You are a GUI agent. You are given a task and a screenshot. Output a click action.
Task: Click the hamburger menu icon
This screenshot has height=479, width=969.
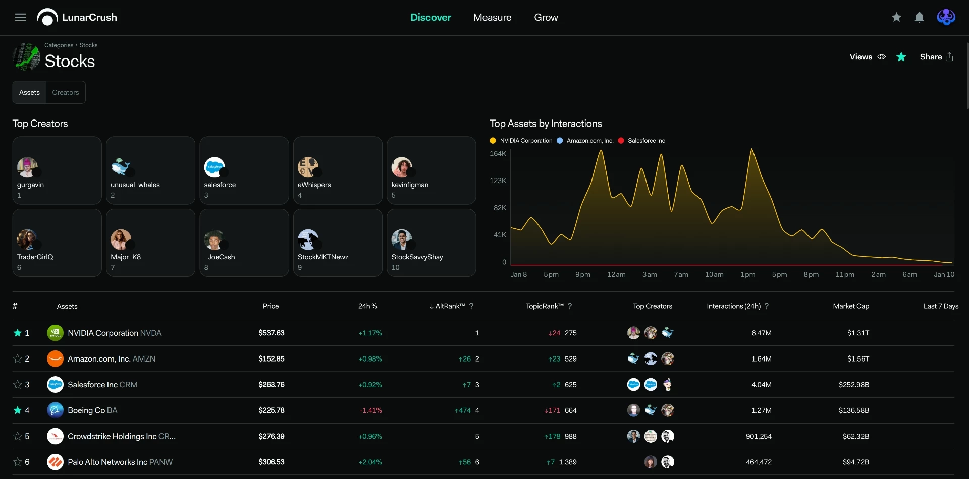point(21,18)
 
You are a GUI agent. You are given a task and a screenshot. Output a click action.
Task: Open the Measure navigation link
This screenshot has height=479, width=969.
point(492,18)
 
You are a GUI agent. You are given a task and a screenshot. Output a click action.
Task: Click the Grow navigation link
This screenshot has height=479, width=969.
point(546,18)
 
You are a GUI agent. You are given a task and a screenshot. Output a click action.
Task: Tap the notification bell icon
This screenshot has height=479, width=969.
point(920,18)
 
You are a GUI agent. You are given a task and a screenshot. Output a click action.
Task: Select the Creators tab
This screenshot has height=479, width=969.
point(66,93)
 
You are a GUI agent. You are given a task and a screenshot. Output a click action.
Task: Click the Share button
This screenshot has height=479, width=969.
point(937,57)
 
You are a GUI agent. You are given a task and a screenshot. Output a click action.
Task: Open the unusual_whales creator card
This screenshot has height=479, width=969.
point(150,170)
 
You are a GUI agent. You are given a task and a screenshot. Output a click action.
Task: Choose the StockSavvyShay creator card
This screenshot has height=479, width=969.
point(431,243)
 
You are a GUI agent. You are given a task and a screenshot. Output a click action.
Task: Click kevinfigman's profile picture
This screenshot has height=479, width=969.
point(402,167)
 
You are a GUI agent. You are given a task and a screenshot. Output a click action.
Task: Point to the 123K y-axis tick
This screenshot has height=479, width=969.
point(498,181)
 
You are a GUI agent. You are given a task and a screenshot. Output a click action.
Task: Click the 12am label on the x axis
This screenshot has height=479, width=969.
point(616,275)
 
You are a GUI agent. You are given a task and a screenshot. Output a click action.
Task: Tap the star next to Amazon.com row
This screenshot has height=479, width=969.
point(18,359)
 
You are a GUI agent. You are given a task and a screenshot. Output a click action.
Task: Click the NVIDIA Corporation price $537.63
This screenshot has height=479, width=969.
point(272,333)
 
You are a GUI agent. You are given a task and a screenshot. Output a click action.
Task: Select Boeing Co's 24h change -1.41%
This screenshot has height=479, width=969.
point(370,411)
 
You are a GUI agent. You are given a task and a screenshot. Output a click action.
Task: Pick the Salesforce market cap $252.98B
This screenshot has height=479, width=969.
point(854,385)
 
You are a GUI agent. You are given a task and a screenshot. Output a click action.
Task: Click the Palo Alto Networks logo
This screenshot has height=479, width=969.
point(55,462)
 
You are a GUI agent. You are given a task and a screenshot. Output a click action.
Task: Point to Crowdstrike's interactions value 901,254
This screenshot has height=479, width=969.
point(759,437)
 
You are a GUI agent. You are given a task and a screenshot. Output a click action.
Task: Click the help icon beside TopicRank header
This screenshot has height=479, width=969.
point(570,306)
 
